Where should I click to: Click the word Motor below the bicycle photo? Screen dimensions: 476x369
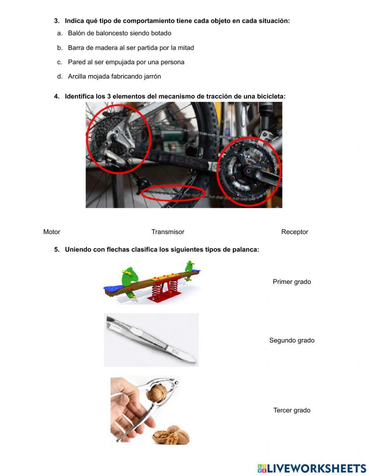pyautogui.click(x=52, y=232)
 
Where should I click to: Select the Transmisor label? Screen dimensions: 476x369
pyautogui.click(x=168, y=232)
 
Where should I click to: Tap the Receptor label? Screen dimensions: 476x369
pyautogui.click(x=294, y=232)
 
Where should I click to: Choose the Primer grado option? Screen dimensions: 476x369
pyautogui.click(x=292, y=282)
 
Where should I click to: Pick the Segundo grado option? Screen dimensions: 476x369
pyautogui.click(x=292, y=340)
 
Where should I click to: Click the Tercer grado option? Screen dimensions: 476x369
pyautogui.click(x=292, y=410)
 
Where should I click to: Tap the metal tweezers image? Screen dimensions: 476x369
pyautogui.click(x=151, y=340)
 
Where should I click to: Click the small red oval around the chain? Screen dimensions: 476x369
pyautogui.click(x=173, y=193)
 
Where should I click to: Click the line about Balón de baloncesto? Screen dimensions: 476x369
pyautogui.click(x=119, y=33)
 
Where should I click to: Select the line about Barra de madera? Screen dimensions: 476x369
pyautogui.click(x=131, y=48)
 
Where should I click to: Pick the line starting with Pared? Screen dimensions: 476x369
pyautogui.click(x=126, y=62)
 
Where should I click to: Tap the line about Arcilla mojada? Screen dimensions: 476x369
pyautogui.click(x=114, y=76)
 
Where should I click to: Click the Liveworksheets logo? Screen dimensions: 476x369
pyautogui.click(x=311, y=468)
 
